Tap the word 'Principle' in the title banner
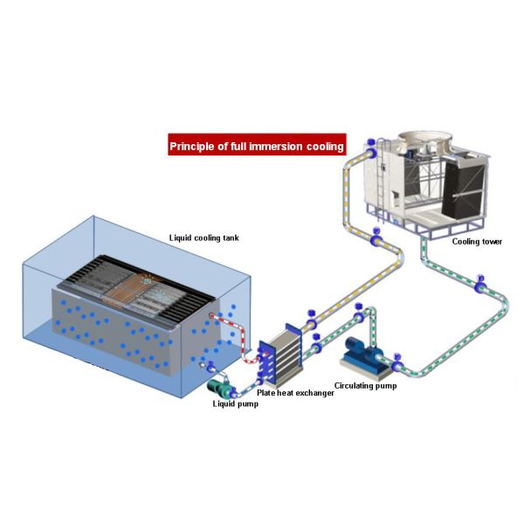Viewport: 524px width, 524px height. click(192, 146)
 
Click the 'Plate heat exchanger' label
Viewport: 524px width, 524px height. click(295, 393)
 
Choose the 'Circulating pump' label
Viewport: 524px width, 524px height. click(365, 384)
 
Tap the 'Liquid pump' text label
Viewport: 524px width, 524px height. click(236, 403)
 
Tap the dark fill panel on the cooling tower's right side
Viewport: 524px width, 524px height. click(463, 188)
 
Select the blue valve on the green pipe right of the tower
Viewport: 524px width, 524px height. click(479, 287)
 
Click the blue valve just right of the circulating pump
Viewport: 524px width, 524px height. click(396, 355)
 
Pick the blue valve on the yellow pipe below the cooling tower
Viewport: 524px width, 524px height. click(376, 236)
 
